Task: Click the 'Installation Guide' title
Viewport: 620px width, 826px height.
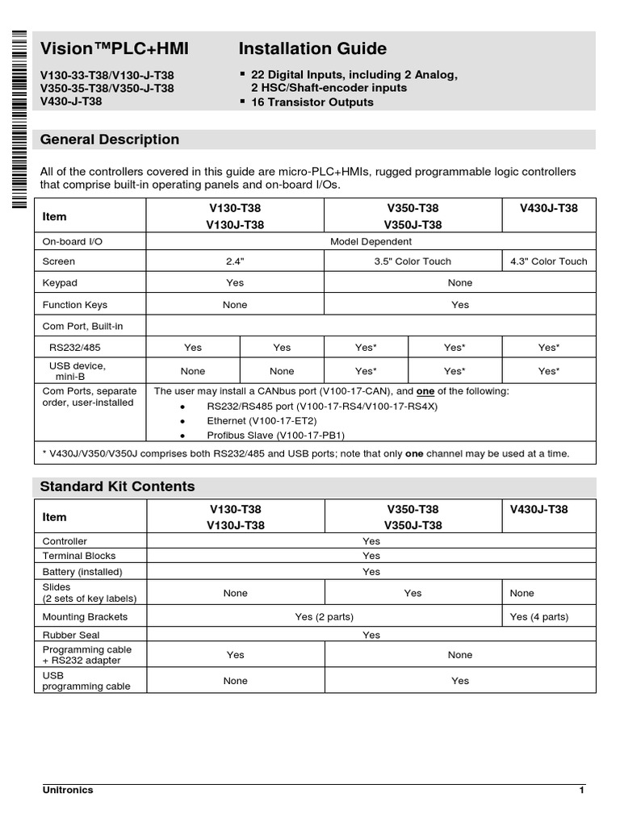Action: coord(313,48)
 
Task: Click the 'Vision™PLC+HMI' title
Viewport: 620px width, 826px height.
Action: coord(115,48)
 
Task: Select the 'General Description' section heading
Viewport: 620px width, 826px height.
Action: coord(110,140)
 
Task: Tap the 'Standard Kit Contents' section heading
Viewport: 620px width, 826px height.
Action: coord(118,486)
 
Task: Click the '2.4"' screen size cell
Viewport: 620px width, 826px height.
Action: coord(235,261)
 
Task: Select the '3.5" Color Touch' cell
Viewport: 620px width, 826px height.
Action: coord(413,261)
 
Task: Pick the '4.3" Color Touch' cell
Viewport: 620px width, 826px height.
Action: coord(549,261)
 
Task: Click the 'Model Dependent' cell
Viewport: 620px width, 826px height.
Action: coord(371,241)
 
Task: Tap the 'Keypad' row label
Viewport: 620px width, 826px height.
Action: coord(60,283)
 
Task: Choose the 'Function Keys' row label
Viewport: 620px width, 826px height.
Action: coord(74,305)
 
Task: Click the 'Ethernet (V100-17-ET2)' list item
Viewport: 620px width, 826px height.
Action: coord(262,421)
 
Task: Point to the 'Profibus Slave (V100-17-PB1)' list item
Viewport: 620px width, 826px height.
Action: coord(275,436)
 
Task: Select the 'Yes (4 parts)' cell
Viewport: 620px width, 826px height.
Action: coord(539,617)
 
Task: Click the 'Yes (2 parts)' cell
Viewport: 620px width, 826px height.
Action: coord(324,617)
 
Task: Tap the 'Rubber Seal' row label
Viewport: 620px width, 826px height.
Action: coord(69,636)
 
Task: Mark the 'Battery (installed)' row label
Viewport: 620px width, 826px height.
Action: coord(82,572)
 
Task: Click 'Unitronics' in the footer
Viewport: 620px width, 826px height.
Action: coord(68,791)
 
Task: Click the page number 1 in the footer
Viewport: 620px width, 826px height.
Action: coord(581,791)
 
